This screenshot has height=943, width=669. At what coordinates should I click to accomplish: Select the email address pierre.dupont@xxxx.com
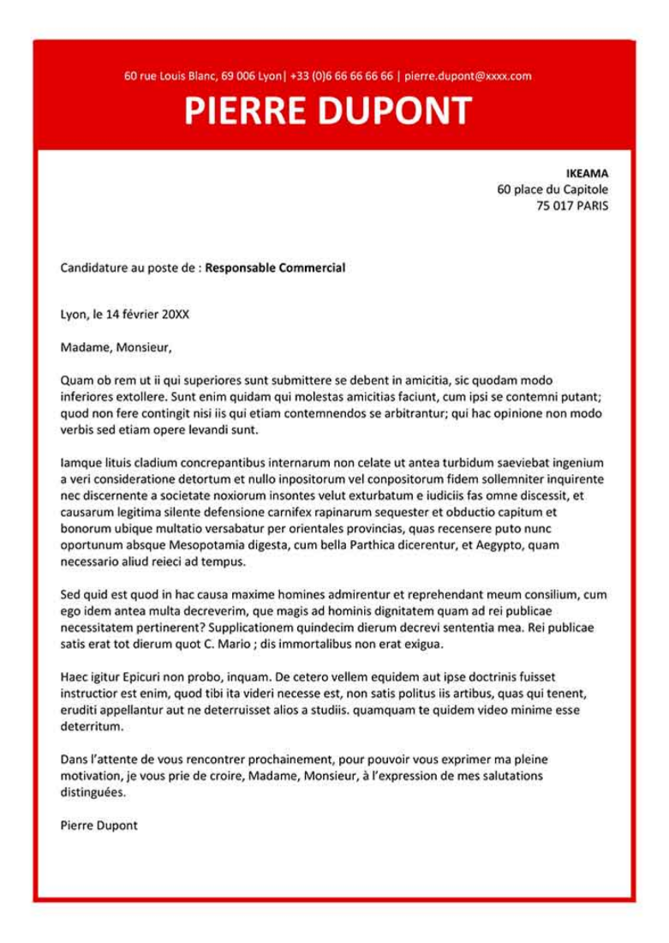(x=468, y=75)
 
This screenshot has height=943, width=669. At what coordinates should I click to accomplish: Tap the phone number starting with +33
(x=341, y=75)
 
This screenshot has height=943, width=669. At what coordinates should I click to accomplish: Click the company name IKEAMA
(x=587, y=173)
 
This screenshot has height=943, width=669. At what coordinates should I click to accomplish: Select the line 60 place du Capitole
(x=553, y=189)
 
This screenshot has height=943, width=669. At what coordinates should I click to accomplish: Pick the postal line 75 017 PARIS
(x=572, y=206)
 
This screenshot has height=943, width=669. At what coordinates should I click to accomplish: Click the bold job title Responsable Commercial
(x=275, y=267)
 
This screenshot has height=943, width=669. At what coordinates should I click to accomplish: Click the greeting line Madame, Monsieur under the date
(x=116, y=347)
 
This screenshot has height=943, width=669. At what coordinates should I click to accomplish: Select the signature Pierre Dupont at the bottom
(x=99, y=826)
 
